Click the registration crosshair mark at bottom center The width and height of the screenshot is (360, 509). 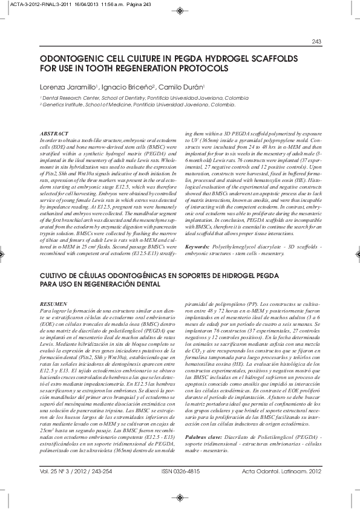click(180, 498)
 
